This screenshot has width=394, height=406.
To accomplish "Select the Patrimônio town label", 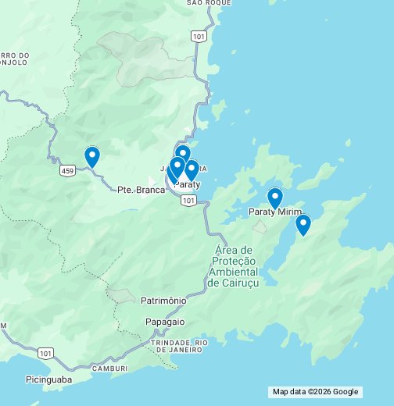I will pos(163,300).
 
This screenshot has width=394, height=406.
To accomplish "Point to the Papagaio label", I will pos(165,321).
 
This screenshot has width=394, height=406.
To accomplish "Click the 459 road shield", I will pos(68,169).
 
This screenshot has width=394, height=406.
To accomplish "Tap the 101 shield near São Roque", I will pos(199,36).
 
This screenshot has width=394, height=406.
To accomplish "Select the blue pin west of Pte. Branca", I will pos(92,157).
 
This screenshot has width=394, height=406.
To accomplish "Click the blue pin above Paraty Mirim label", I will pos(274,198).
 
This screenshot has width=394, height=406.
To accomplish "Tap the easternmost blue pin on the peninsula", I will pos(303,225).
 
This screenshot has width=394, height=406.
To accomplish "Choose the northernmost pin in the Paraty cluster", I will pos(183,154).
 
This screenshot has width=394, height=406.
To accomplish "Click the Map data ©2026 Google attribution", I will pos(315,392).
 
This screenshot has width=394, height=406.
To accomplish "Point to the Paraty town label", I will pos(188,184).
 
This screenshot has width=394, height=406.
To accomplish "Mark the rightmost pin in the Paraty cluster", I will pos(192,169).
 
